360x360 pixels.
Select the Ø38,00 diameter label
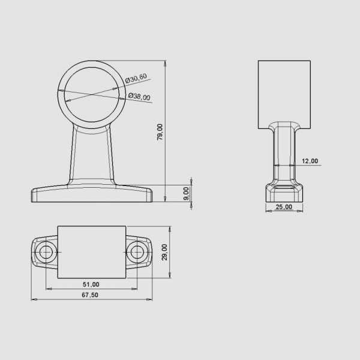pos(139,97)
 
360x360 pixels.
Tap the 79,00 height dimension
pos(160,132)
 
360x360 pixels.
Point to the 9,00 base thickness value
pos(187,194)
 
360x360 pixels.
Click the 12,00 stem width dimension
pos(310,161)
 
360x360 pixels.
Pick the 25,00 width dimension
pos(284,207)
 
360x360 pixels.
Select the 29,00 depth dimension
pos(164,252)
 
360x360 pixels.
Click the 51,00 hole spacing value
pos(91,284)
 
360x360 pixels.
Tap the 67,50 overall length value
pos(90,295)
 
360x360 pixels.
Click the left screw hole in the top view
pos(46,252)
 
